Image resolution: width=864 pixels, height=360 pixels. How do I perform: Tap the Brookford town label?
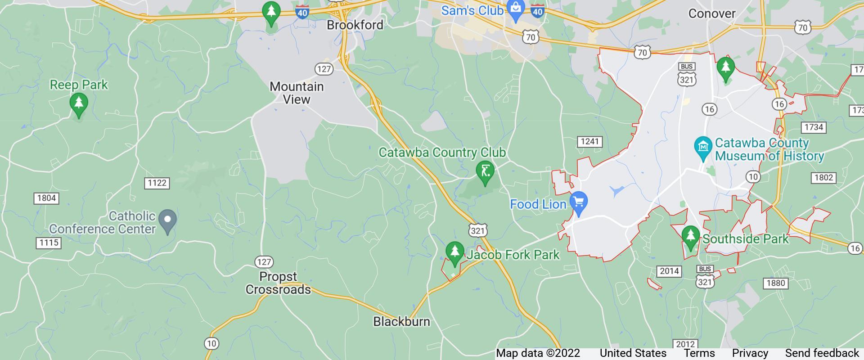(x=355, y=25)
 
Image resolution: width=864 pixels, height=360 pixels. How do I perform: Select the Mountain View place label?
(x=297, y=93)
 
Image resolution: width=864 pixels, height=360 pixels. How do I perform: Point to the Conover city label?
(x=711, y=13)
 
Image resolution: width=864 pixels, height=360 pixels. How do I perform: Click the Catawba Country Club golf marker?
(x=485, y=172)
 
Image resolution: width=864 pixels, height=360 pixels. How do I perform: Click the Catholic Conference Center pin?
(x=168, y=220)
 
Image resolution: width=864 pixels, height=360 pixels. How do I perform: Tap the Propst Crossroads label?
(x=278, y=283)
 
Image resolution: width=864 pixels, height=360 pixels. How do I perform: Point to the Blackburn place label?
(x=401, y=321)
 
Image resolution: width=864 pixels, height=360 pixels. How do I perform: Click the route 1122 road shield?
(x=157, y=183)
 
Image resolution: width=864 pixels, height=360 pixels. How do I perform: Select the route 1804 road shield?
(x=46, y=198)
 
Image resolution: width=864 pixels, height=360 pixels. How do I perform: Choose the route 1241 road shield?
(x=589, y=142)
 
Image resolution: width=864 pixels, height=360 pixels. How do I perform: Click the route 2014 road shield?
(x=669, y=271)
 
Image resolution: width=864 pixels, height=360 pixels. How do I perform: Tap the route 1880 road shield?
(x=775, y=283)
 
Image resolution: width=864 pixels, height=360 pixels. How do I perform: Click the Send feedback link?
(x=822, y=353)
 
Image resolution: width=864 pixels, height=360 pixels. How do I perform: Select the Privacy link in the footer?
(x=750, y=353)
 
